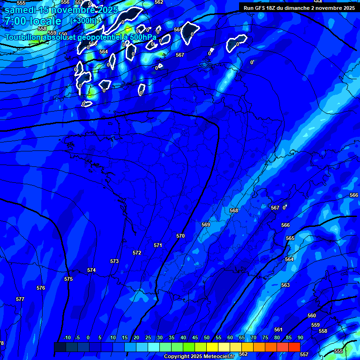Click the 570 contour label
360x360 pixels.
(x=180, y=236)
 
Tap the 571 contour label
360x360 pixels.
(x=158, y=245)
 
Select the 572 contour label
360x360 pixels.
(x=137, y=253)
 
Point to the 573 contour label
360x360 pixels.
(x=114, y=261)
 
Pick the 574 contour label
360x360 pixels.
(x=91, y=270)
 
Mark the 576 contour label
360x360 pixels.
(x=41, y=288)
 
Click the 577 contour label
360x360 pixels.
(x=20, y=299)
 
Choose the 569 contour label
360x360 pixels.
(x=206, y=225)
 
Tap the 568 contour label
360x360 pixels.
(x=234, y=210)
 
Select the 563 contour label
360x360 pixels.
(x=285, y=285)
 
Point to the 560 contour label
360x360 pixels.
(x=312, y=315)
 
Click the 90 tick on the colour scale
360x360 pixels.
(x=300, y=337)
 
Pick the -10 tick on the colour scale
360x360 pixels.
(x=67, y=337)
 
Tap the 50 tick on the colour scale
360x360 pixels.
(x=207, y=337)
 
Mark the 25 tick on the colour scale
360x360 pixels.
(x=148, y=337)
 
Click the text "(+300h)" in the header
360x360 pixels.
(x=83, y=21)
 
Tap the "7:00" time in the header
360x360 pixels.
(x=15, y=21)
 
